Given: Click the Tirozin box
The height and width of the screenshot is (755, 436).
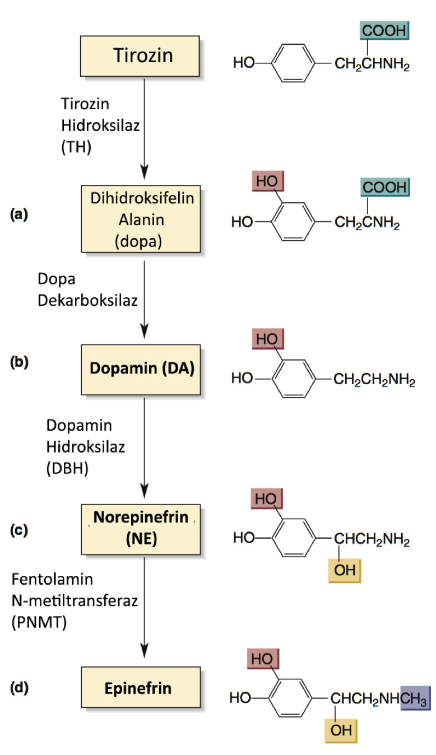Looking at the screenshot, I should point(140,56).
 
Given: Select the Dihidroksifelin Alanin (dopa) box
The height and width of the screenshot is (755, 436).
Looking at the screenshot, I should point(141,219).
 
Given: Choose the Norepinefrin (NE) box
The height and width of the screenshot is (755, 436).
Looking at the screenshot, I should point(141,529).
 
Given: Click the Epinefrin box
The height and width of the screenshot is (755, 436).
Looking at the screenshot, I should point(140,688).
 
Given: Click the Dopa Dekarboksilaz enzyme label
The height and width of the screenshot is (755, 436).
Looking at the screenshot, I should point(87,290).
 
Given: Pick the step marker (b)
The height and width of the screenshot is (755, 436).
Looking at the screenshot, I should point(19,362).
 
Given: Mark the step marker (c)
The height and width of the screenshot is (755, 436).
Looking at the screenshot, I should point(19,530).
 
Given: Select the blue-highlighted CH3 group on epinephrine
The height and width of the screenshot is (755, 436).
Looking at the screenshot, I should point(415,698).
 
